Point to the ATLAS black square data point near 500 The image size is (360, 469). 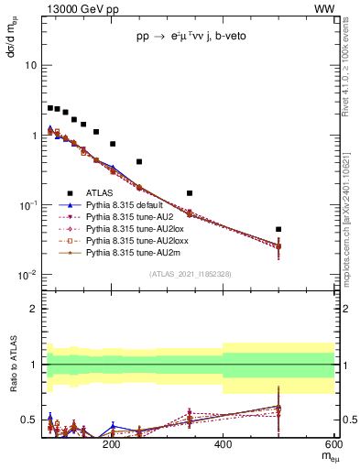pos(278,229)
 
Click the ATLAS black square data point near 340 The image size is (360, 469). pos(190,193)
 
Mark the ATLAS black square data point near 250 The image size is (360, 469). pos(139,161)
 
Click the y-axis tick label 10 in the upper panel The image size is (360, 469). pos(30,66)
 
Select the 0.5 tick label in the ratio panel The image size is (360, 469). pos(27,420)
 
